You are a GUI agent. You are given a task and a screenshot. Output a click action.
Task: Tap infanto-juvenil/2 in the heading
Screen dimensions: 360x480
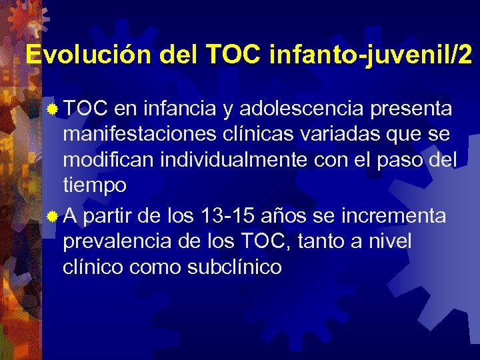click(371, 55)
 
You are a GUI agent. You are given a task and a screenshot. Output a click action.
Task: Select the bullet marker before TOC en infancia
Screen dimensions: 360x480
click(55, 108)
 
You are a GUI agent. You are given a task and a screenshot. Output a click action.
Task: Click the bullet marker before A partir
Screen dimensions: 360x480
click(55, 216)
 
